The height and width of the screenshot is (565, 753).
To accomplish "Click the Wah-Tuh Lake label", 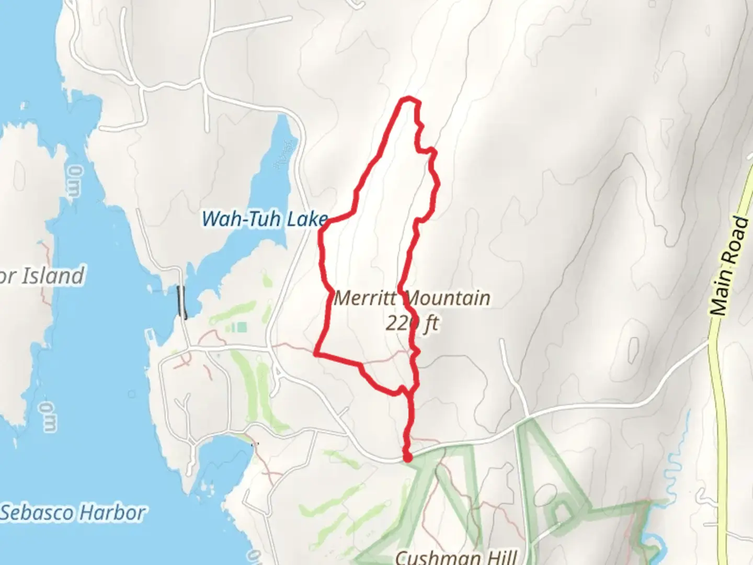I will (x=265, y=219).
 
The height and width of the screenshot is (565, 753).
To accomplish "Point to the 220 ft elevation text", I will (x=412, y=324).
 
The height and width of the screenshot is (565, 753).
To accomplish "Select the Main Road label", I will (x=730, y=266).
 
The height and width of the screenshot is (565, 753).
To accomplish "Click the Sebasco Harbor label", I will (x=73, y=513).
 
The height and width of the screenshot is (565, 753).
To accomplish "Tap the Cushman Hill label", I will (x=456, y=557).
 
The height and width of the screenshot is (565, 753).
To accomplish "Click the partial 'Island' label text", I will (x=50, y=276).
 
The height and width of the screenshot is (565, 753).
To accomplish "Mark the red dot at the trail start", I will (x=407, y=458).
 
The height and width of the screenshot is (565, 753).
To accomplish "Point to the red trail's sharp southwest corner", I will (x=316, y=354).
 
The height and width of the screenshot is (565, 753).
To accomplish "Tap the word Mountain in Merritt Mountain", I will (x=448, y=299).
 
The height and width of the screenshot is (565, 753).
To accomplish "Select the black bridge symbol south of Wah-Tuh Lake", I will (x=182, y=302).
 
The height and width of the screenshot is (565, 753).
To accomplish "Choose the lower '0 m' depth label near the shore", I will (x=49, y=417).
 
